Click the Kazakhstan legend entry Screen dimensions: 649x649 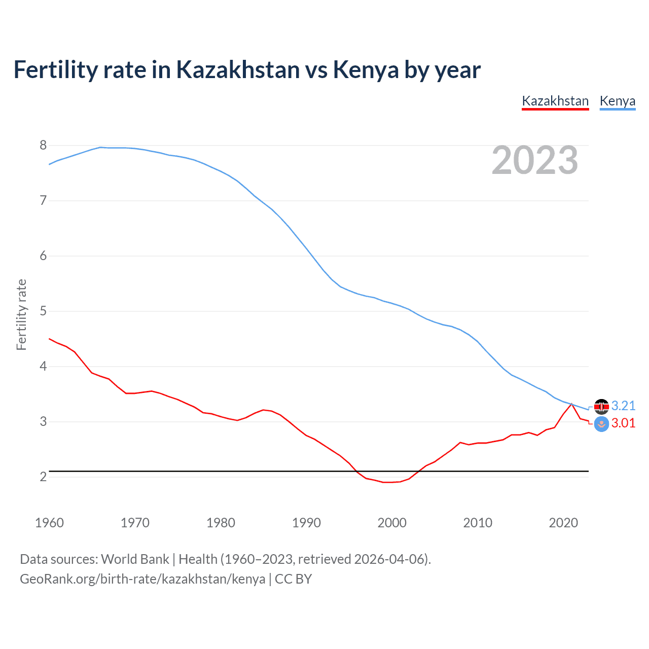click(x=555, y=101)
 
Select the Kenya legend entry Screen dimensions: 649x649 click(x=617, y=101)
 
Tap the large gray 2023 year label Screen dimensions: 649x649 click(x=534, y=160)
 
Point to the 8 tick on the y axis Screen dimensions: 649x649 click(x=43, y=146)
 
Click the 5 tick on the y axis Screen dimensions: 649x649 click(x=43, y=311)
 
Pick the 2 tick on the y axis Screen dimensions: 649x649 click(x=43, y=477)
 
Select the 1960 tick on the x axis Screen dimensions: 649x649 click(x=49, y=523)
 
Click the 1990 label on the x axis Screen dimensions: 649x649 click(x=306, y=523)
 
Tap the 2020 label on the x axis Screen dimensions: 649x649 click(x=563, y=523)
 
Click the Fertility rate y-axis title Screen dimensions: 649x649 click(x=21, y=314)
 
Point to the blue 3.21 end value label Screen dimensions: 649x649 click(x=623, y=406)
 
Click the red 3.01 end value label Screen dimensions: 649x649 click(x=623, y=423)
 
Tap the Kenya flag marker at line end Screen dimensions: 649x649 click(x=601, y=407)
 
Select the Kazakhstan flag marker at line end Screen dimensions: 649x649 click(x=601, y=424)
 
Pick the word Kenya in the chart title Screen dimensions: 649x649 click(x=366, y=69)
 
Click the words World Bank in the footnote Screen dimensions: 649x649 click(x=135, y=559)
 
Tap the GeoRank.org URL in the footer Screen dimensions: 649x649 click(x=142, y=579)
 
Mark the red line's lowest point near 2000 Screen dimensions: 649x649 click(x=388, y=482)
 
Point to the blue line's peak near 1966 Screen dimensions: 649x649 click(x=100, y=147)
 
